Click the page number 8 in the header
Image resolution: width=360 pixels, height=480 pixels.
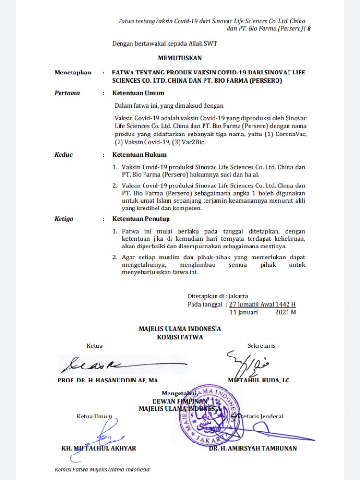(x=309, y=29)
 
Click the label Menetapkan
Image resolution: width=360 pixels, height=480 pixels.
(x=72, y=73)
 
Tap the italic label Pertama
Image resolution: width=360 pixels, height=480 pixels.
(x=67, y=93)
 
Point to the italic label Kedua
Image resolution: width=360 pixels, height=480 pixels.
(x=64, y=155)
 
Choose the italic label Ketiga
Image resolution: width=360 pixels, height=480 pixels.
(x=64, y=219)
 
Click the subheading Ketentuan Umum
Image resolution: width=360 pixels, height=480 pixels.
(x=138, y=93)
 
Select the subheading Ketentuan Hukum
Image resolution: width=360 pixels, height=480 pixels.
(x=139, y=155)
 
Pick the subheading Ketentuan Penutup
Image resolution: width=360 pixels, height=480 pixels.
(x=141, y=219)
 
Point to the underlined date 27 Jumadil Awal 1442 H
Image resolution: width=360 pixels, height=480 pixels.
(x=262, y=304)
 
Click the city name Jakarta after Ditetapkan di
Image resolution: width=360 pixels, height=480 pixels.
(x=239, y=296)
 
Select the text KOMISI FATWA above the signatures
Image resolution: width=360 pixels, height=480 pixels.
(x=180, y=337)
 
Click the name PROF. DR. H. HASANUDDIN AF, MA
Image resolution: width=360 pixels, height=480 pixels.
(x=107, y=380)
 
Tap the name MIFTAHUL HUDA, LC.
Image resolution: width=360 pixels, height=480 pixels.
(x=259, y=380)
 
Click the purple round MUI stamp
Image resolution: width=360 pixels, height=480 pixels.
(x=211, y=415)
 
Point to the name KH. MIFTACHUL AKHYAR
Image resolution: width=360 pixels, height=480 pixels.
(x=99, y=448)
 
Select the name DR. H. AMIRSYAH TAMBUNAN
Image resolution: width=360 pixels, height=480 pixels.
(x=252, y=448)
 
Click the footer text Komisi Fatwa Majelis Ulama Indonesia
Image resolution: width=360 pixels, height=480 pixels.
(x=102, y=469)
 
